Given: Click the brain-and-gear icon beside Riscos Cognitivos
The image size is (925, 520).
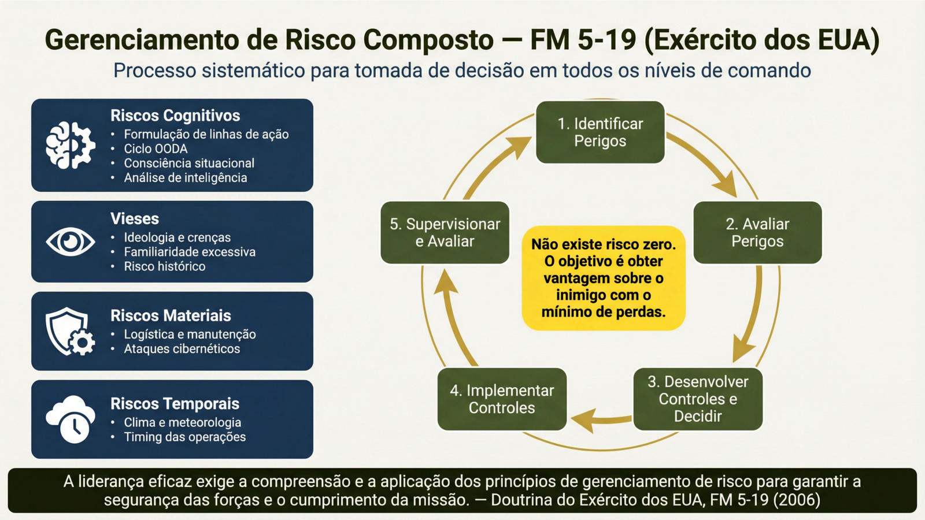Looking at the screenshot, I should tap(71, 146).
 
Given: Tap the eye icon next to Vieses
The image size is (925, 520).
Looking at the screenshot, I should tap(71, 242).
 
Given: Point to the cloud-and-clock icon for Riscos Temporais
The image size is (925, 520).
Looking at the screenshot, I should tap(71, 419).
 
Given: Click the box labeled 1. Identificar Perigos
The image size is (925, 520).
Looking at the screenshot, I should tap(600, 132).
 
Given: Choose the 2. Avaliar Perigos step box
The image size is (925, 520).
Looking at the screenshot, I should tap(757, 232).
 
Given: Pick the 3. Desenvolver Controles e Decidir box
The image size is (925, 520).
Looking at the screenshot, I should tap(698, 399).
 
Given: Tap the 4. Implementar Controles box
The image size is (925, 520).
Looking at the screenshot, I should tap(502, 399).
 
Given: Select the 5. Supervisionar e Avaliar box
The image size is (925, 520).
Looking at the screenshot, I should tap(445, 232).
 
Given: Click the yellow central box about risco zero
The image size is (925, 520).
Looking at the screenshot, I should tap(604, 278).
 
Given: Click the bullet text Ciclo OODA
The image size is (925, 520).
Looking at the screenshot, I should tap(156, 148).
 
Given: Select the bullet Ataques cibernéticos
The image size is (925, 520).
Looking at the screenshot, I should tap(182, 349).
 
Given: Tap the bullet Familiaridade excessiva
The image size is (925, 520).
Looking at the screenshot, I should tap(190, 252).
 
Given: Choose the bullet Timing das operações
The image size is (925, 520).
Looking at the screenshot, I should tap(184, 437).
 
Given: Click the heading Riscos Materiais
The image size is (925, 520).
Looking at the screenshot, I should tap(171, 315).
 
